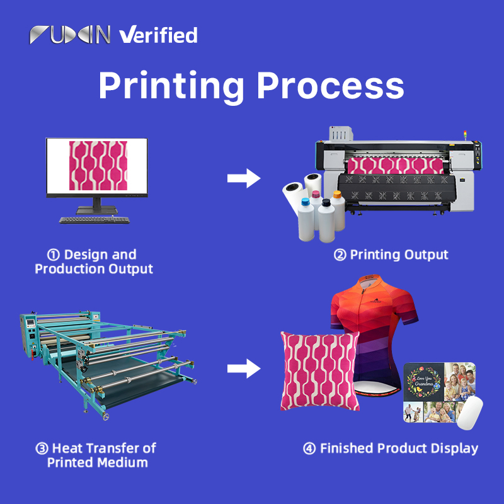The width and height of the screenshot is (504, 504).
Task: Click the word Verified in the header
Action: point(158,35)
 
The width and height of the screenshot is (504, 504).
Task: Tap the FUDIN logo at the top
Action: point(70,35)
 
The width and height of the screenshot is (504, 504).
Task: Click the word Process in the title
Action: point(330,86)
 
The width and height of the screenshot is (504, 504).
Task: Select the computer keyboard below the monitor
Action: point(94,220)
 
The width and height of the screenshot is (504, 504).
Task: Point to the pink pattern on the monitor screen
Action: point(98,166)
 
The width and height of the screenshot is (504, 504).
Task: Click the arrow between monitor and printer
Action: point(244,178)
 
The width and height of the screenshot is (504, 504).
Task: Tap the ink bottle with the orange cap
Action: point(338,210)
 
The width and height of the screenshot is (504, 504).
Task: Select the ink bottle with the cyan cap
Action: point(306,219)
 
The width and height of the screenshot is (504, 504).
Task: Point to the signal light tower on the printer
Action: point(465,135)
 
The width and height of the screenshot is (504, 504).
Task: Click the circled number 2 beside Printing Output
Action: point(340,255)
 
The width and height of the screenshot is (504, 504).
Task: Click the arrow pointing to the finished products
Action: point(244,369)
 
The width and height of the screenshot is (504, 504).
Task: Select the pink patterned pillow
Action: point(320,371)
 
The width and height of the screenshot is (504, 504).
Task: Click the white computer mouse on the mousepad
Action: point(469,413)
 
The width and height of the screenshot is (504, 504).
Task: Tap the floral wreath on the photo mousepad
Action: point(423,382)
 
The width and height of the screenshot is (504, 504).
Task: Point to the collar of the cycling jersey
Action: point(369,280)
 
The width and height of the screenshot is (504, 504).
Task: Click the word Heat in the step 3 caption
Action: point(67,448)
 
